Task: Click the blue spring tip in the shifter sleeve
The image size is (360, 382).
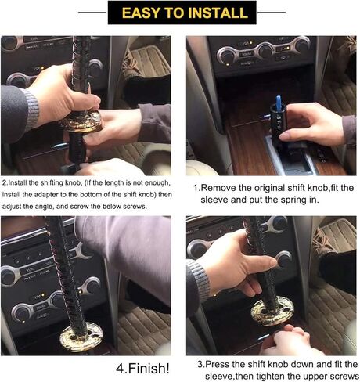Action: click(x=278, y=102)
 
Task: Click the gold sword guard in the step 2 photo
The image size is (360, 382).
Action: click(x=83, y=121)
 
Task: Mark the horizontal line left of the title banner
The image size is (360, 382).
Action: click(x=92, y=13)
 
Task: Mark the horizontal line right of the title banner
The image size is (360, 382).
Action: click(x=272, y=13)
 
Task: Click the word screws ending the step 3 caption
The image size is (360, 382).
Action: click(x=347, y=377)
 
